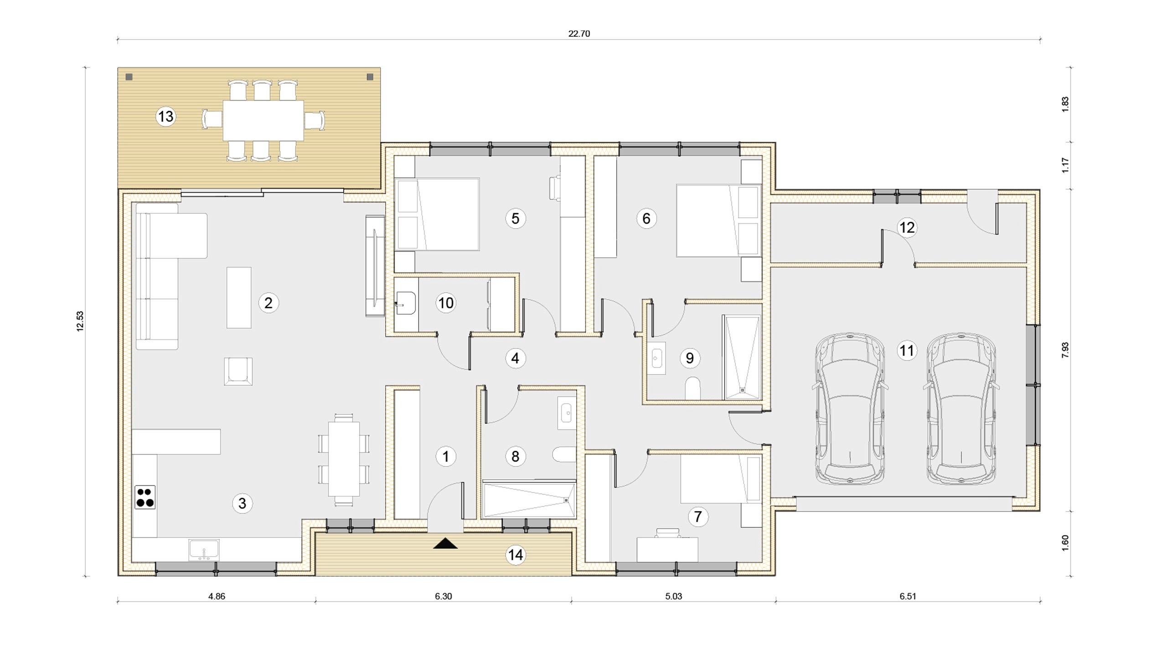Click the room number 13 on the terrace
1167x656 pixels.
[x=165, y=117]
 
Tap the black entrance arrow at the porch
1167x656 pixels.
[x=445, y=543]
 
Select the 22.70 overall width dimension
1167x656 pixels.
[x=579, y=34]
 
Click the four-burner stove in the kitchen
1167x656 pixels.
[x=145, y=497]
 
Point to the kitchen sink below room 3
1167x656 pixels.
[x=204, y=550]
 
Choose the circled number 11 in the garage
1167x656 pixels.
[x=907, y=351]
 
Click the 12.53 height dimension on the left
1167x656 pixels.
[x=80, y=321]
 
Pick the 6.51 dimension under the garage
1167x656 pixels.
[x=908, y=596]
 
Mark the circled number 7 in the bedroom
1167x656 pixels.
[x=697, y=517]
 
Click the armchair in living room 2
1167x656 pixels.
[x=238, y=371]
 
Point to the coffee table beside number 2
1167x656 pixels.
[x=239, y=297]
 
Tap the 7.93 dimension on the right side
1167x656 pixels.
[x=1065, y=350]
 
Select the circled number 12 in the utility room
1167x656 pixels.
[x=907, y=227]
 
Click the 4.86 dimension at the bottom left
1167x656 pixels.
[x=217, y=596]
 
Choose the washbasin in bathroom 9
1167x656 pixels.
[x=656, y=358]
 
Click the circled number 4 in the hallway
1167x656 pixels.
[x=515, y=359]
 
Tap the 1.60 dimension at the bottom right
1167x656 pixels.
[x=1065, y=543]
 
